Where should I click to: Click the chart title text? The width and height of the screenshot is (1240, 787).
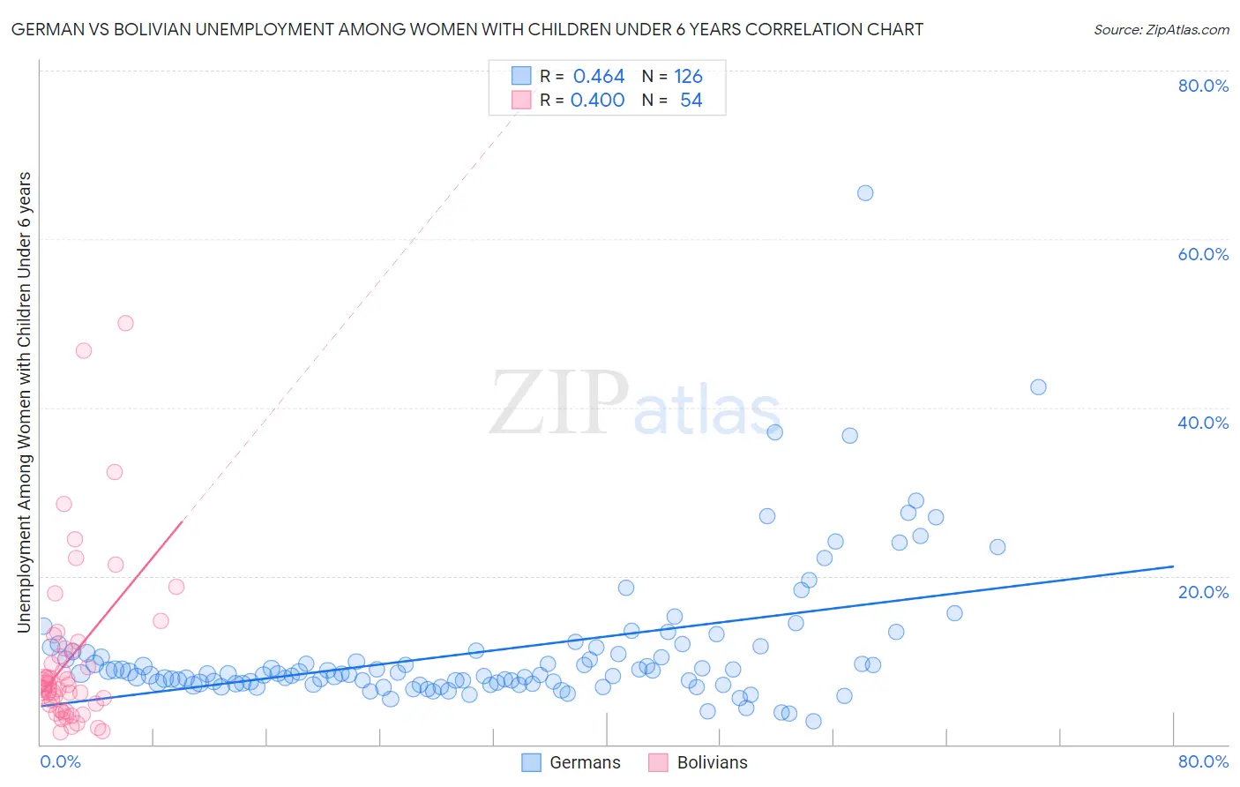pyautogui.click(x=467, y=29)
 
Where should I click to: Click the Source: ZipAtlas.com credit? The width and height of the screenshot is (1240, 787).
pyautogui.click(x=1161, y=29)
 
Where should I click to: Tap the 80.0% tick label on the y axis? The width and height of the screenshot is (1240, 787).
pyautogui.click(x=1203, y=86)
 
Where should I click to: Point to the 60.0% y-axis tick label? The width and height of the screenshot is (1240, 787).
pyautogui.click(x=1203, y=254)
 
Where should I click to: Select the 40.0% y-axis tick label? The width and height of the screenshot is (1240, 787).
pyautogui.click(x=1203, y=423)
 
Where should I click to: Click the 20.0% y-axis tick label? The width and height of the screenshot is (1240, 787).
pyautogui.click(x=1203, y=591)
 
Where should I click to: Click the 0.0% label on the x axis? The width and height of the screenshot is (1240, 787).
pyautogui.click(x=60, y=761)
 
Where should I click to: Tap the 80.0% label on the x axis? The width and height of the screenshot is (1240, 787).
pyautogui.click(x=1203, y=761)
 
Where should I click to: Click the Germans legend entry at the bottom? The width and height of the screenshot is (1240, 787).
pyautogui.click(x=571, y=762)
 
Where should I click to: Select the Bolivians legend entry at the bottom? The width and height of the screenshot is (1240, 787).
pyautogui.click(x=698, y=762)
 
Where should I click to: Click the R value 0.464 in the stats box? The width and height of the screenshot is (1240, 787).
pyautogui.click(x=599, y=77)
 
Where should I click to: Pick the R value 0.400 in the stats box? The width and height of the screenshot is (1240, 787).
pyautogui.click(x=598, y=101)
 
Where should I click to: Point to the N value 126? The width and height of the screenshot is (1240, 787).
pyautogui.click(x=688, y=77)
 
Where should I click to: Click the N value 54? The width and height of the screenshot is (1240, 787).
pyautogui.click(x=691, y=101)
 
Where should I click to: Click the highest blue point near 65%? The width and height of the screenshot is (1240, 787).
pyautogui.click(x=865, y=193)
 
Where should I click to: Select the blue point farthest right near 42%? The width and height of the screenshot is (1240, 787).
pyautogui.click(x=1038, y=387)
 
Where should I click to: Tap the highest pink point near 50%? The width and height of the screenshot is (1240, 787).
pyautogui.click(x=125, y=323)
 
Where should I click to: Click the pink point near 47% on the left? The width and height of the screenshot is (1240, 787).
pyautogui.click(x=84, y=350)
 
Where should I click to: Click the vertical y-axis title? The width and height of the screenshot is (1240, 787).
pyautogui.click(x=25, y=402)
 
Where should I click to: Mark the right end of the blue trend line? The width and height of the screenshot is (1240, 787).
pyautogui.click(x=1173, y=566)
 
